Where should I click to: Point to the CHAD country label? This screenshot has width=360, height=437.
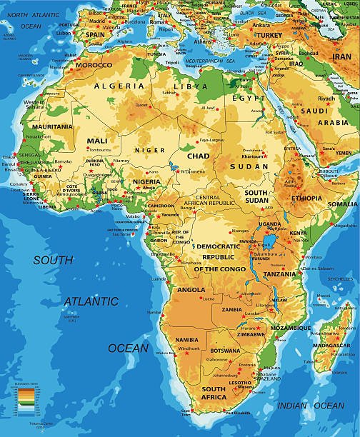198,155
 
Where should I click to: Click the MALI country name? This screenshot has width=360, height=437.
97,141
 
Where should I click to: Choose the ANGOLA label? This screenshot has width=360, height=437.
191,290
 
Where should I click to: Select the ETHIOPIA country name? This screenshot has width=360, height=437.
306,198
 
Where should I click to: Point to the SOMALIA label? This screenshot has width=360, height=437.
344,204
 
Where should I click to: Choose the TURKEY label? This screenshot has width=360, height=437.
270,34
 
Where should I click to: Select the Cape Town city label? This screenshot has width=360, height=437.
187,411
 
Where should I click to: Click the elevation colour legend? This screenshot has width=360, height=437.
24,397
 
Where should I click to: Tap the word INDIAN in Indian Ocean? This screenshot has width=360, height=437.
292,406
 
